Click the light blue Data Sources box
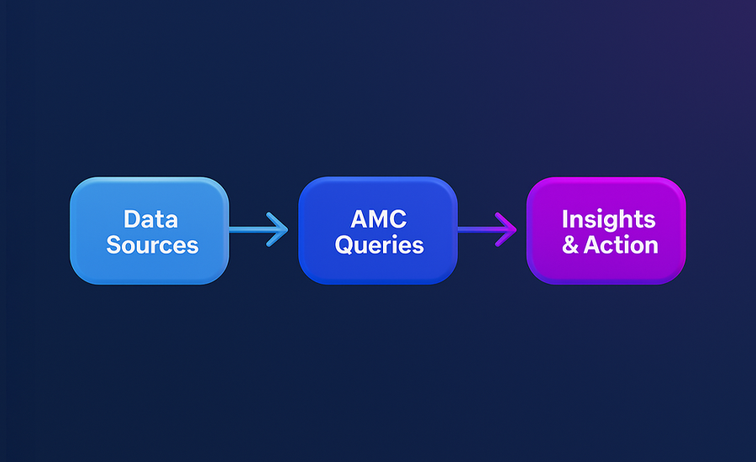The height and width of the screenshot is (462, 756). click(x=150, y=230)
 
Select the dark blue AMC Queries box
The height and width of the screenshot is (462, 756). click(x=378, y=230)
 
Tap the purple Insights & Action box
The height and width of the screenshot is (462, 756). click(x=606, y=230)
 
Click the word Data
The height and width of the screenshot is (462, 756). click(x=151, y=219)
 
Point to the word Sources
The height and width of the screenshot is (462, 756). click(x=152, y=245)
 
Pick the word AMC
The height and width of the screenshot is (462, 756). click(x=379, y=219)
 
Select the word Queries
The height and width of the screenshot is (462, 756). click(x=380, y=245)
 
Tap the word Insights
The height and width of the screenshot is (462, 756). click(x=608, y=220)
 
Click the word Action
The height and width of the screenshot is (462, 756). click(x=621, y=245)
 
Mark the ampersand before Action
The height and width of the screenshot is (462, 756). click(x=570, y=245)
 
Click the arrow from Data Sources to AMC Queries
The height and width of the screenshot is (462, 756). click(x=259, y=229)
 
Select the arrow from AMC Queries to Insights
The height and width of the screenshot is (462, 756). click(x=487, y=229)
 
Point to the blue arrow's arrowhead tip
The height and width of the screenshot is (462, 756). click(x=288, y=229)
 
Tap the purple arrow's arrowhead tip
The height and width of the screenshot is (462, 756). click(x=517, y=229)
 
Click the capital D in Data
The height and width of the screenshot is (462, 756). click(x=133, y=219)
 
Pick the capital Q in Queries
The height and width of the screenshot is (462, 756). click(x=344, y=245)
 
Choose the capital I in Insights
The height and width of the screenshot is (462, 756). click(x=564, y=219)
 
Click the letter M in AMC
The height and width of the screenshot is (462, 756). click(x=379, y=219)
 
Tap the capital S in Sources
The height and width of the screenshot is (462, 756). click(x=113, y=245)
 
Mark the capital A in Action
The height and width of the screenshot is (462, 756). click(x=592, y=245)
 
